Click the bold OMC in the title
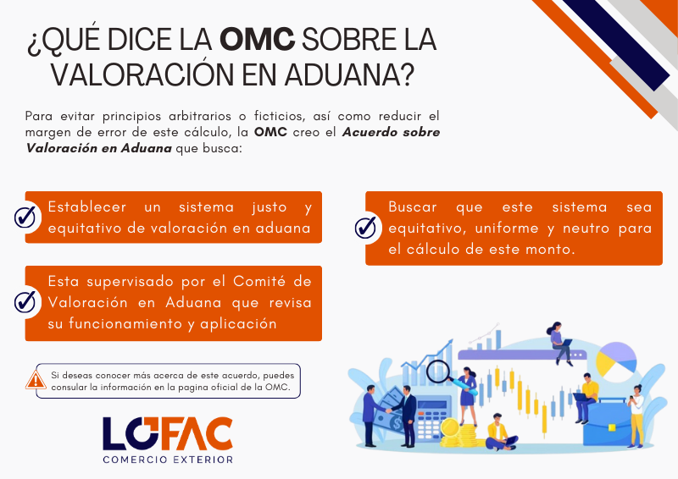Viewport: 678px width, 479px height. (x=258, y=39)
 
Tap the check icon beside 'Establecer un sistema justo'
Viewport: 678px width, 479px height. (x=25, y=217)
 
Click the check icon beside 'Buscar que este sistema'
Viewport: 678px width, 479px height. (x=365, y=227)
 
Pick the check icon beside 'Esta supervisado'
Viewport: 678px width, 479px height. (x=25, y=302)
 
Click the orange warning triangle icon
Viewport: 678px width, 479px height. (x=36, y=380)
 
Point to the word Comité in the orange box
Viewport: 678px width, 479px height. (x=259, y=281)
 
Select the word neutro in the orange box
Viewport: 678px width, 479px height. (x=586, y=228)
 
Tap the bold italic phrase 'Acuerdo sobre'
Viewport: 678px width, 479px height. (x=391, y=132)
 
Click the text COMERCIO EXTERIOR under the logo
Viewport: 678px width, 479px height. (x=168, y=460)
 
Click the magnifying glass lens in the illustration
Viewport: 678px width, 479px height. (x=436, y=371)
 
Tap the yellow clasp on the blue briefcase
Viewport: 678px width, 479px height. (x=612, y=427)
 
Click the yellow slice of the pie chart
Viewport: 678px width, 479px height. (x=605, y=363)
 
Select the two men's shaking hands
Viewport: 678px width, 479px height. (x=388, y=410)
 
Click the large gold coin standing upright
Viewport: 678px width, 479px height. (x=450, y=427)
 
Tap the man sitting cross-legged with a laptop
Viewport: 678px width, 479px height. (x=502, y=432)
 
